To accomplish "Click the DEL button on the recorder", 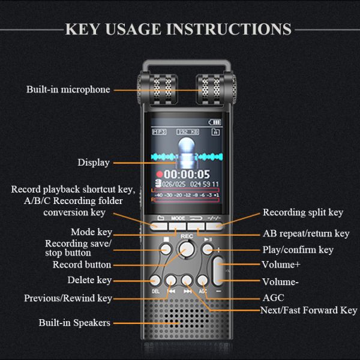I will coord(156,280).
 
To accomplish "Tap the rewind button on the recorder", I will coord(172,280).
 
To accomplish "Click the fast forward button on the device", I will coord(187,280).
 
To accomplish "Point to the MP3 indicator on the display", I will coord(158,131).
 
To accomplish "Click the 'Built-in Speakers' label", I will coord(74,323).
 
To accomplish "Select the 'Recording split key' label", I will coord(303,212).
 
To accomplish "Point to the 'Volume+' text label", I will coord(280,264).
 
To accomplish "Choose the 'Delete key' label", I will coord(90,280).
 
